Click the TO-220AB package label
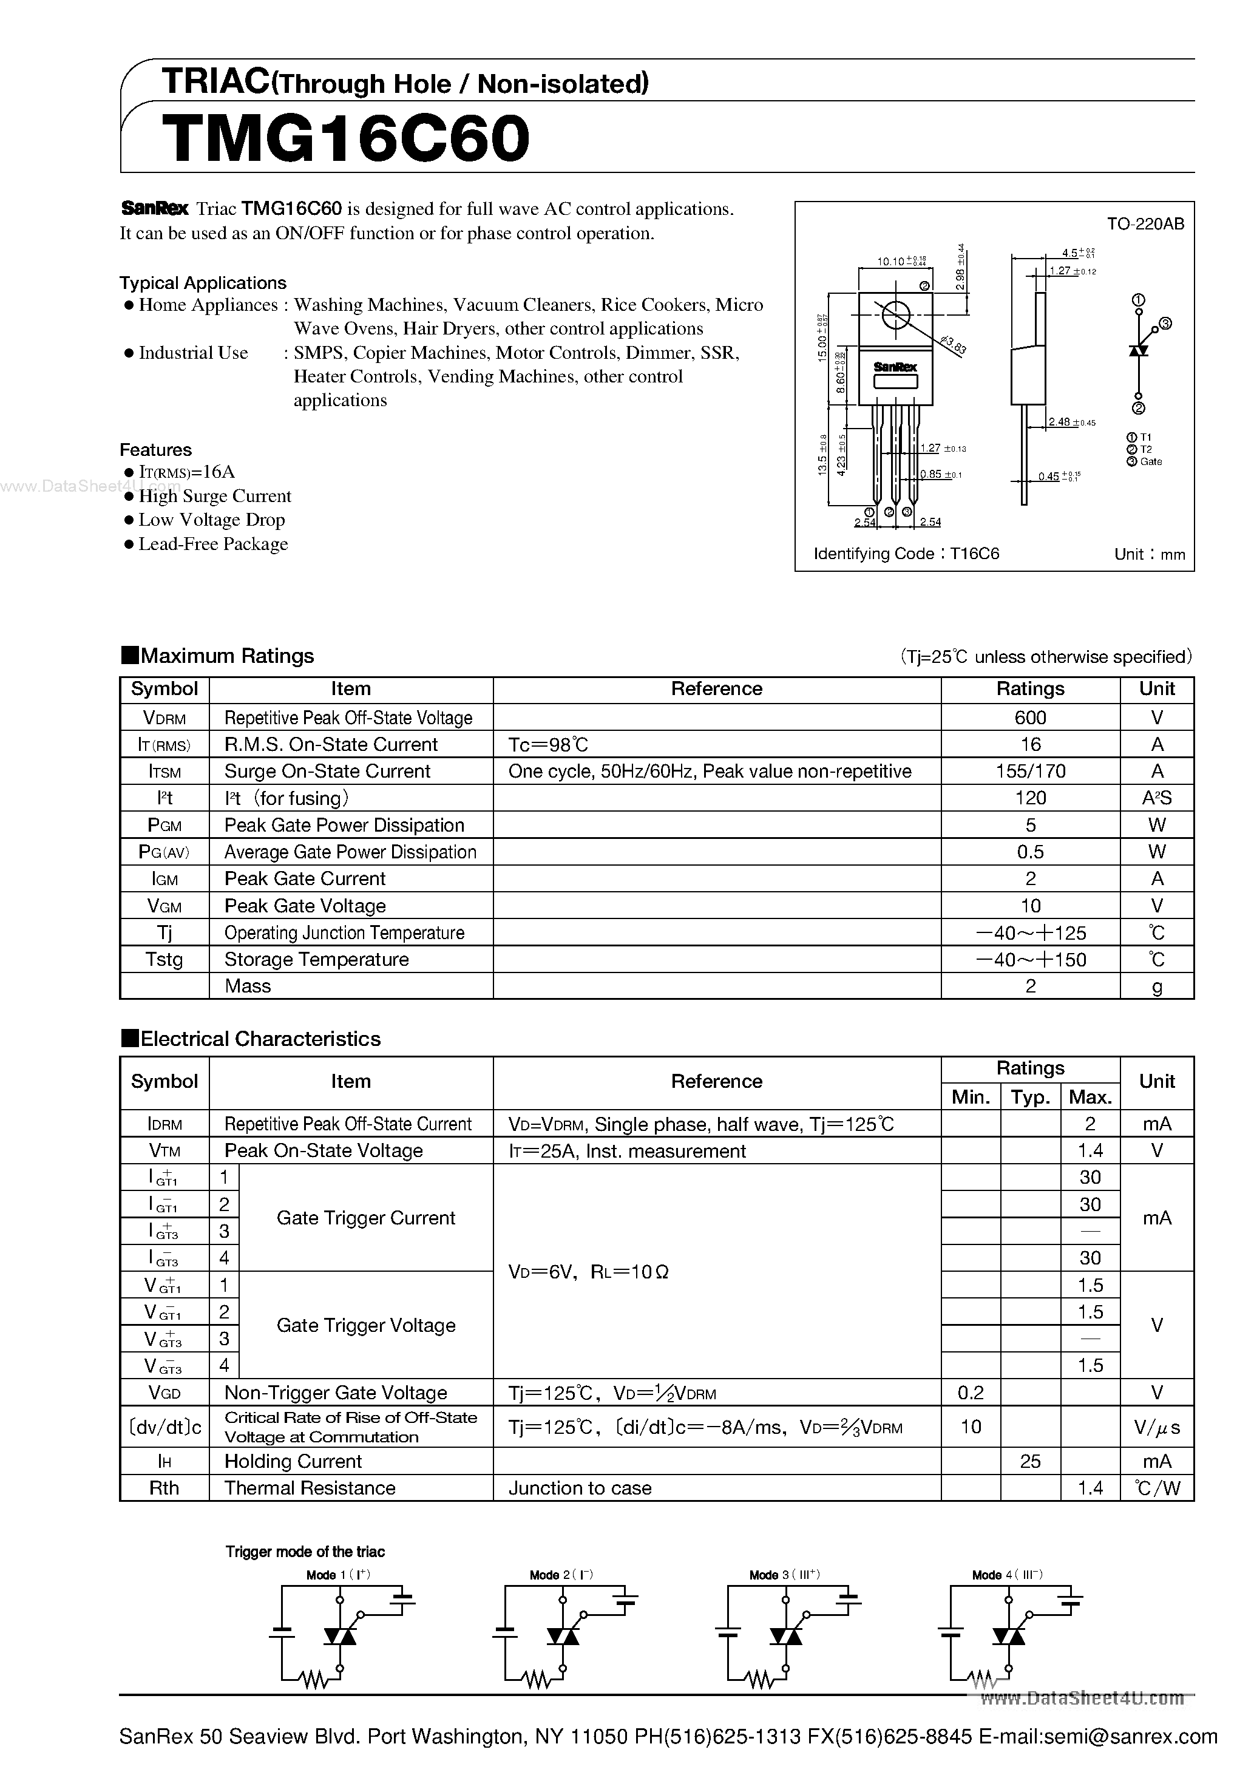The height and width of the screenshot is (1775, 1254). (1145, 224)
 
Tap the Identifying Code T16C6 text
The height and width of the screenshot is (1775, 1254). (906, 554)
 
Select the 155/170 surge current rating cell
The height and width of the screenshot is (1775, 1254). (1030, 771)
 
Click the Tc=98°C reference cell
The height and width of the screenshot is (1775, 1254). (548, 744)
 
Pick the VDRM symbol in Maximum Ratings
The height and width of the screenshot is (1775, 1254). (164, 718)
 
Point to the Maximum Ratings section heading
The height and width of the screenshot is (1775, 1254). (226, 656)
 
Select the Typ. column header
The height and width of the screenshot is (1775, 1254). (1030, 1097)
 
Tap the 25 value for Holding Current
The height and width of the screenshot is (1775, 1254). (1030, 1461)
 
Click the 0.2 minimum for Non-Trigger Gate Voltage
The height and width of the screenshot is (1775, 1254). (971, 1393)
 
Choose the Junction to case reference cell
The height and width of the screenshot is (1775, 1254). (580, 1488)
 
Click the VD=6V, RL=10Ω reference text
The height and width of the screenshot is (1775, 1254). (588, 1272)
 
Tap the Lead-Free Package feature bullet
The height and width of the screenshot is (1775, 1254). (212, 545)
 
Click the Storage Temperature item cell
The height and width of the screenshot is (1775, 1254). (316, 959)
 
